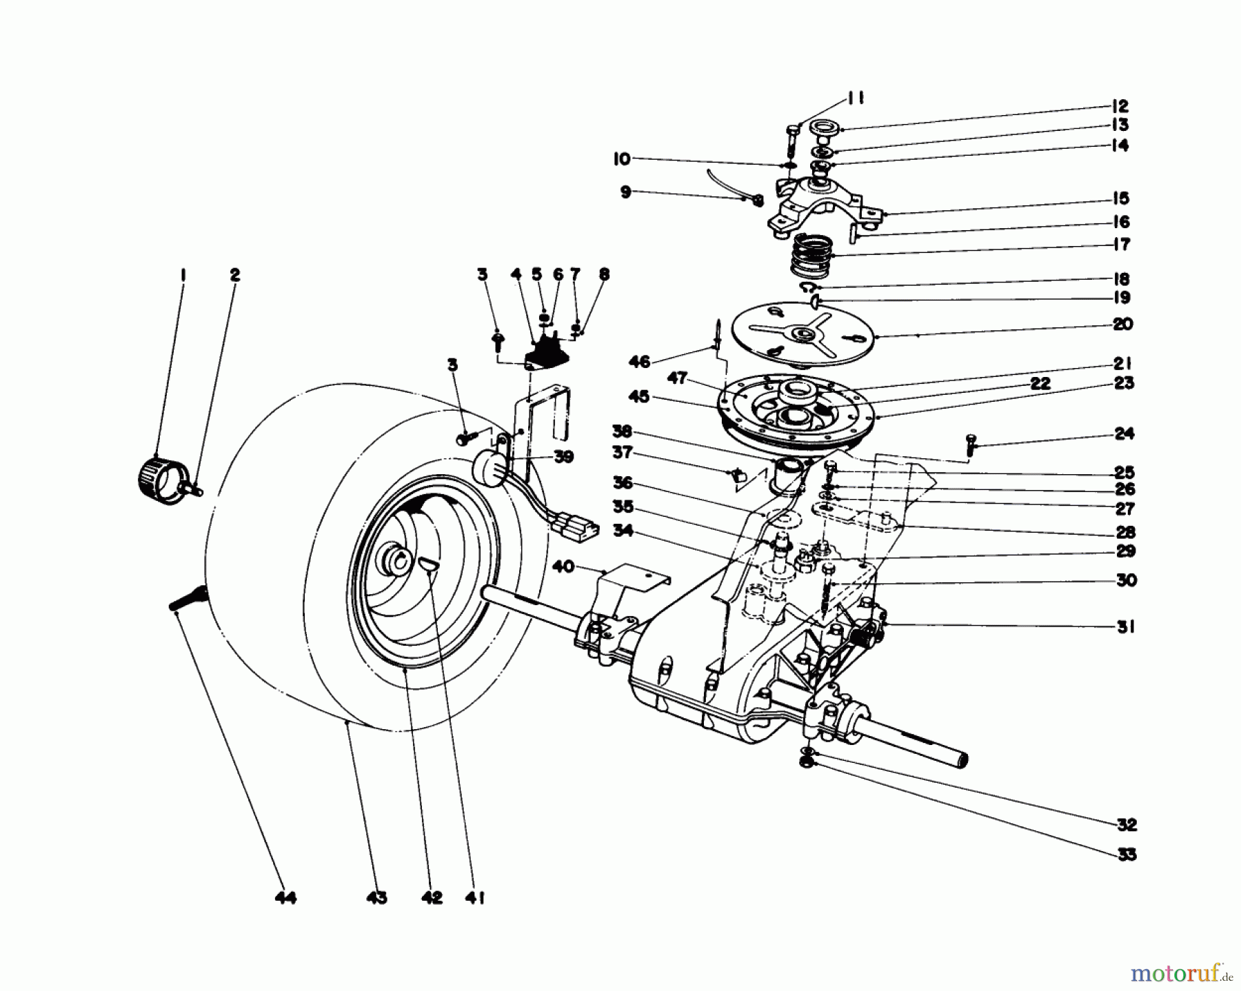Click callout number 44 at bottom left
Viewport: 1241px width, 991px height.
click(285, 897)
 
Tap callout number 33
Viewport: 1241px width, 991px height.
click(1126, 855)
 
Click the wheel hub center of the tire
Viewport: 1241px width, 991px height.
click(394, 556)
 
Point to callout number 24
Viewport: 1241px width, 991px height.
click(1124, 433)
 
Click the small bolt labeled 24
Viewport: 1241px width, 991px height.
click(972, 443)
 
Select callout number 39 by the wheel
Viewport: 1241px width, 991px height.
click(563, 457)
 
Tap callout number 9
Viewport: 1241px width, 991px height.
click(625, 192)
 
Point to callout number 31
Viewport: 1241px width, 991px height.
click(1126, 627)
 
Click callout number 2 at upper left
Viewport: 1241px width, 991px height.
click(235, 275)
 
